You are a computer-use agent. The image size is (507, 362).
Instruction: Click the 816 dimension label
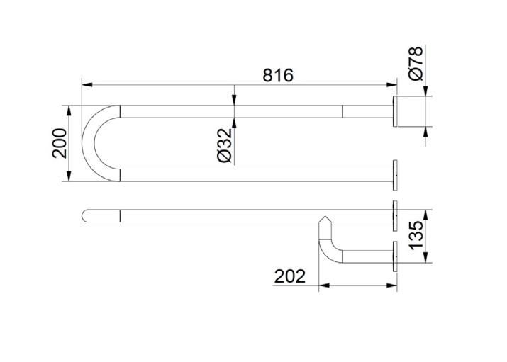[x=278, y=75]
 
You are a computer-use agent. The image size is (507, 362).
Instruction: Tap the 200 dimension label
[x=60, y=143]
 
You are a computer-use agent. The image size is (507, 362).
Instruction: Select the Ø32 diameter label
[x=224, y=145]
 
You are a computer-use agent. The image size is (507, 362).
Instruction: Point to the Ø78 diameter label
[x=416, y=63]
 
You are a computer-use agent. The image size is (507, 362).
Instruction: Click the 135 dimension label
[x=416, y=235]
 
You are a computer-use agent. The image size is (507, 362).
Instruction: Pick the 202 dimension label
[x=290, y=276]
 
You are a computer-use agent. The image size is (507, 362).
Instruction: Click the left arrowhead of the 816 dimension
[x=87, y=85]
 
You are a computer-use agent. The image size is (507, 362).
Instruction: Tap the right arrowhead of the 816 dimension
[x=391, y=85]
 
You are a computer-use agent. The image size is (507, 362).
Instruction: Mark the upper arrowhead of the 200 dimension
[x=69, y=111]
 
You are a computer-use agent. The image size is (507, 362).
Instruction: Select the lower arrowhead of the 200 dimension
[x=69, y=176]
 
